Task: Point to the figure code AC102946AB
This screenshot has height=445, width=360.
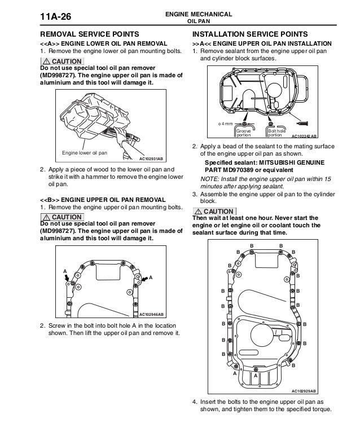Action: click(151, 314)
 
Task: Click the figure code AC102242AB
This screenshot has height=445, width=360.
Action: click(305, 136)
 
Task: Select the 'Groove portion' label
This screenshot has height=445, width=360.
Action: click(243, 133)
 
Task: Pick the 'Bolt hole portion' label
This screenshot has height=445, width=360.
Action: click(276, 133)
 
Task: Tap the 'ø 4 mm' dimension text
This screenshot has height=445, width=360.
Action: click(226, 124)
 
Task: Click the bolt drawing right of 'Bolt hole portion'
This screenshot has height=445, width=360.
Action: click(303, 122)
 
